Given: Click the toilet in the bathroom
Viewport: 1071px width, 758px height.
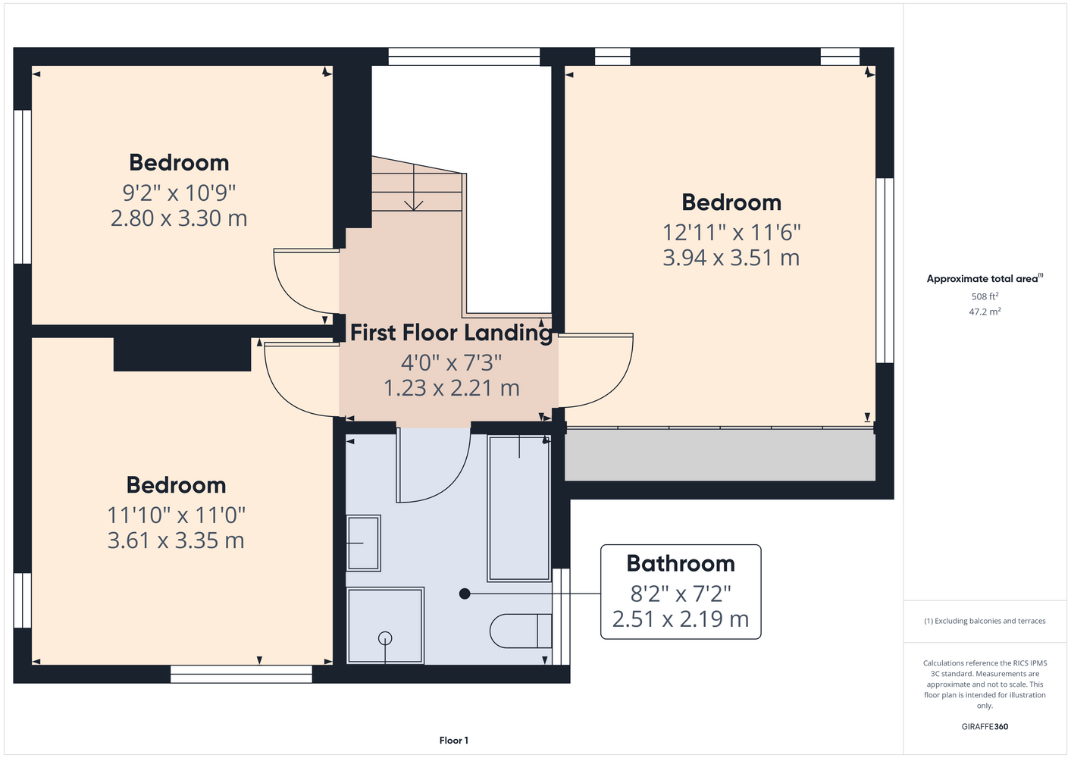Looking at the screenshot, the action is [x=521, y=631].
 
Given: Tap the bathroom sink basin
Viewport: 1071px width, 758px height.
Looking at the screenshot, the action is [x=363, y=543].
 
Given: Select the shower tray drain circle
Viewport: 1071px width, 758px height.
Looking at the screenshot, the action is [x=385, y=638].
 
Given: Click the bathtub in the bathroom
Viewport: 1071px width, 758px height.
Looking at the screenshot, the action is [x=518, y=508].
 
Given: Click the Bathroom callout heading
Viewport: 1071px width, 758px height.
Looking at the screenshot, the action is [x=681, y=563].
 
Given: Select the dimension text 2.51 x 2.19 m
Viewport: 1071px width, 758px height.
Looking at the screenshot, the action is [x=681, y=619].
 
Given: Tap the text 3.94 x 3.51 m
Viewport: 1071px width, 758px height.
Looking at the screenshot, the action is [x=731, y=257].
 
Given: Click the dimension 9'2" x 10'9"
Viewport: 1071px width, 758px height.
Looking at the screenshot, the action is [x=179, y=193].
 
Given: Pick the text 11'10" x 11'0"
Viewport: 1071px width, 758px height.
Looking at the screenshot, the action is [x=176, y=515].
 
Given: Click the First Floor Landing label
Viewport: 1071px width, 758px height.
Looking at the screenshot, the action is [x=451, y=333].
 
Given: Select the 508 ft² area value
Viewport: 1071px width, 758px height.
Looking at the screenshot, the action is [x=985, y=296].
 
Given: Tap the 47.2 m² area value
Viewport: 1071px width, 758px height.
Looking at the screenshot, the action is [x=985, y=312].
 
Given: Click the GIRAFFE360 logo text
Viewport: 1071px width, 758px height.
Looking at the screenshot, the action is [x=985, y=726].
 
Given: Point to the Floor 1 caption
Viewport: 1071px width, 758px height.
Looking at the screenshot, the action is [x=454, y=741].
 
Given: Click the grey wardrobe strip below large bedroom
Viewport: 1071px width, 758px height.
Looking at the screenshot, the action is [x=720, y=455].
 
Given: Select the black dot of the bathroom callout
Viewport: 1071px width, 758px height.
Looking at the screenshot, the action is [x=465, y=594].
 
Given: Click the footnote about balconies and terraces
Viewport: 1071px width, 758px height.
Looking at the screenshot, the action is [x=985, y=621].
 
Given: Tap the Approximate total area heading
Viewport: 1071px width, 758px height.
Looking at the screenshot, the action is [x=985, y=278].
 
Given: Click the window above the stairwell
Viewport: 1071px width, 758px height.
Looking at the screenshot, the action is [x=464, y=56].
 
